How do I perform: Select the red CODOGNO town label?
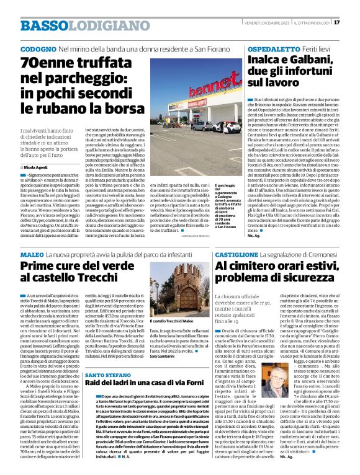tap(38, 48)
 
